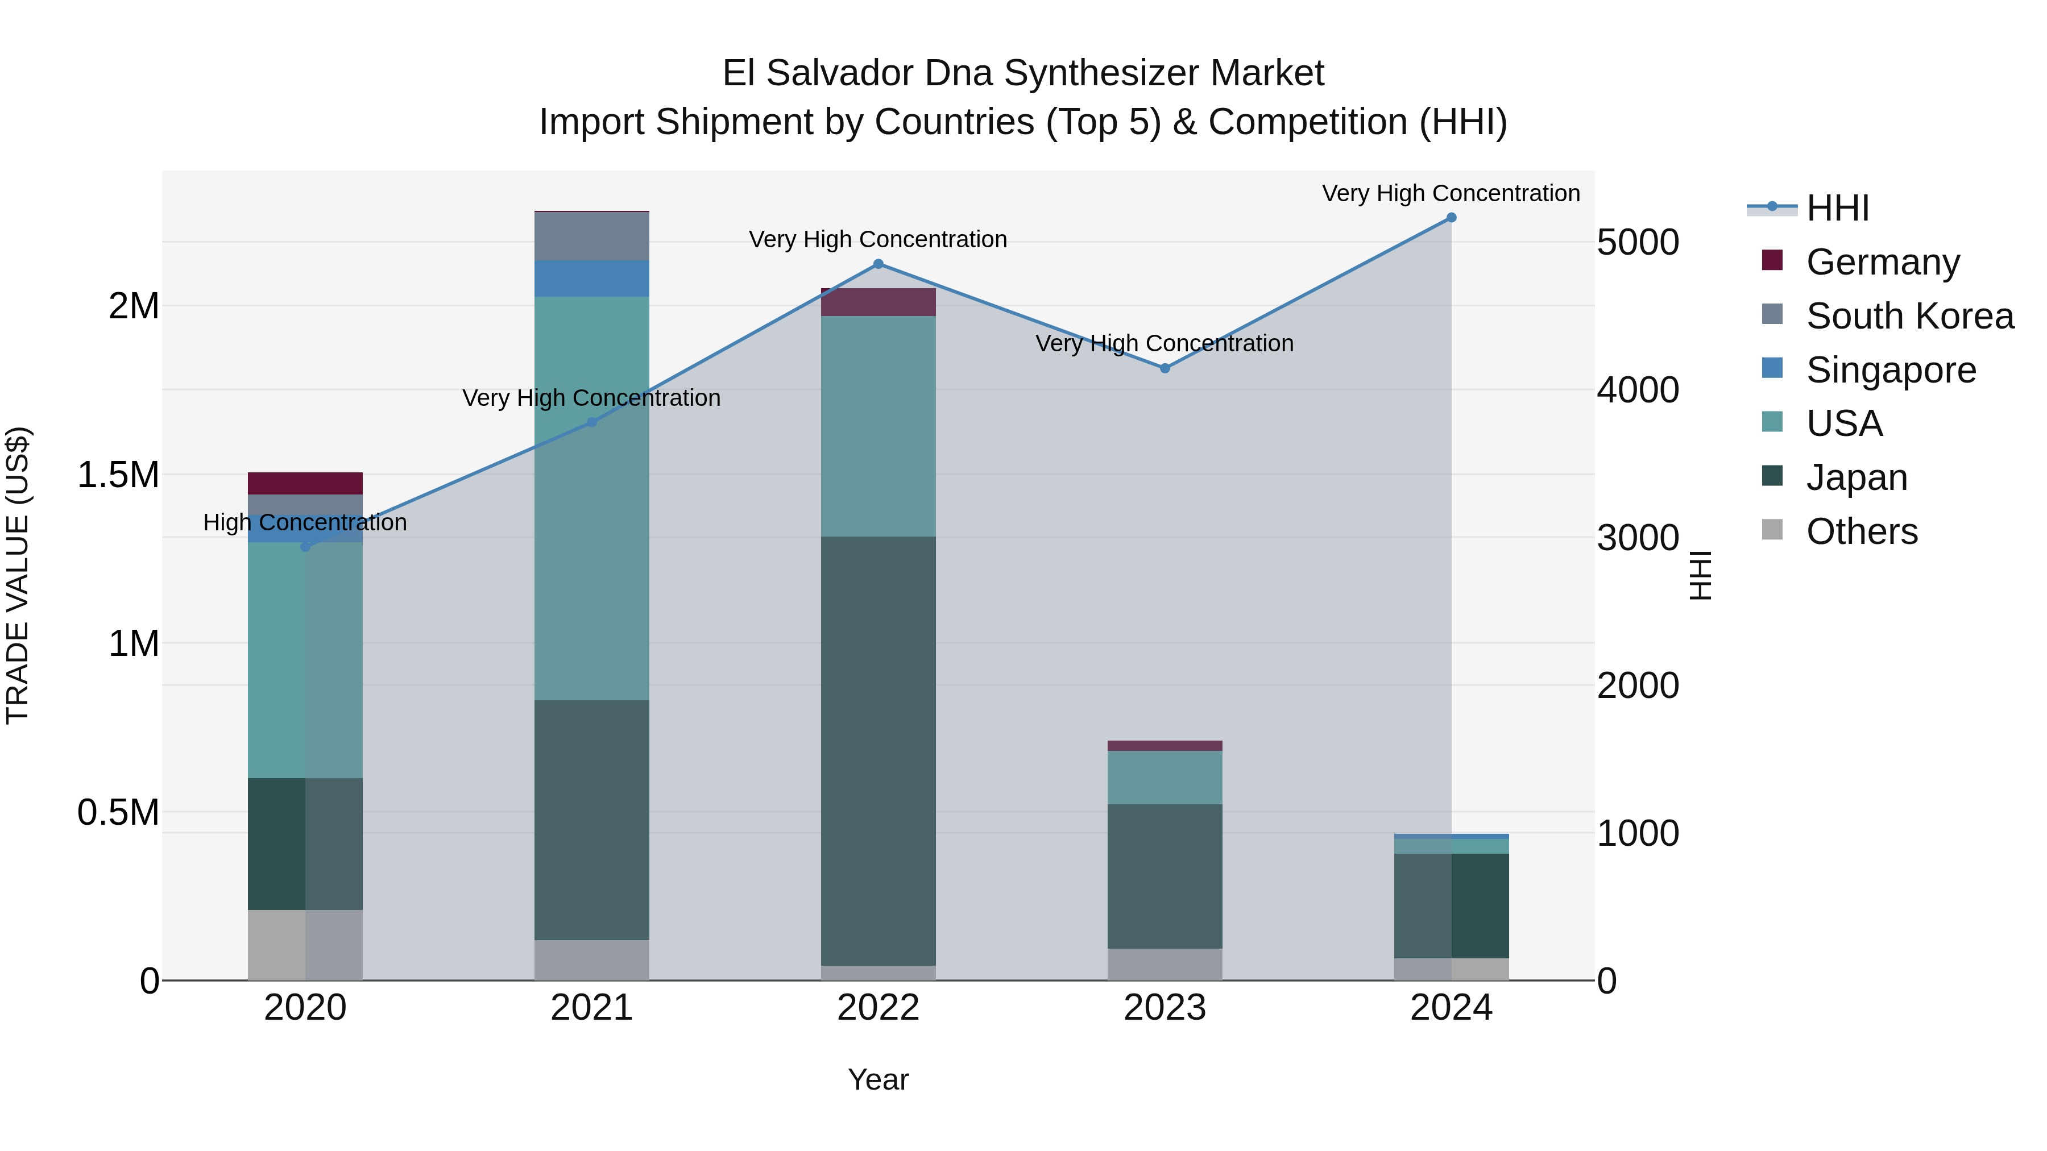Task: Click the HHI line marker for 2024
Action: click(1451, 218)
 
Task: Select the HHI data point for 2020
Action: click(305, 546)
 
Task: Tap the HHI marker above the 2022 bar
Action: click(878, 264)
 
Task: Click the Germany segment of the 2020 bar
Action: click(305, 484)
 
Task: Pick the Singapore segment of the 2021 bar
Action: click(591, 279)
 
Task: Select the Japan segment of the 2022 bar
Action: click(878, 751)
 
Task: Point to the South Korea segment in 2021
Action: click(591, 236)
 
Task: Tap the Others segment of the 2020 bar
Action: click(305, 945)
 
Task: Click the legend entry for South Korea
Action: click(1909, 316)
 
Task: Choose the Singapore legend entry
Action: click(1891, 370)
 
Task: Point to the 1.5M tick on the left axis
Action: click(118, 475)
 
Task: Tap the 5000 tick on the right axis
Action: click(1638, 243)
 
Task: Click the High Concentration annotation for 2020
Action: click(305, 523)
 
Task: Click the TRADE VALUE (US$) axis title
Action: click(18, 575)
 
